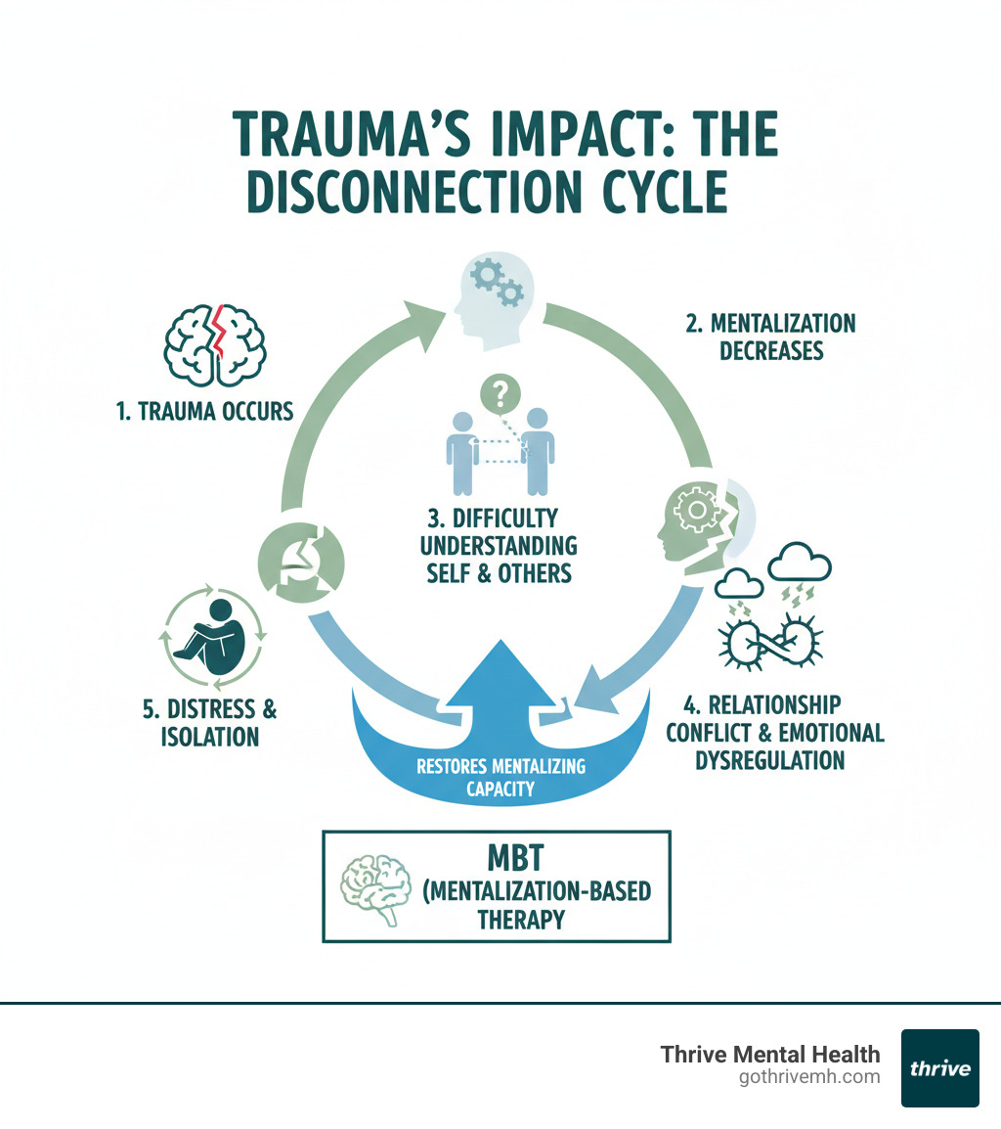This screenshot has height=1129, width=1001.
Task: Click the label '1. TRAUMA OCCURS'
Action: pyautogui.click(x=204, y=411)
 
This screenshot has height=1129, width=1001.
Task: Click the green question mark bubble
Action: pyautogui.click(x=500, y=394)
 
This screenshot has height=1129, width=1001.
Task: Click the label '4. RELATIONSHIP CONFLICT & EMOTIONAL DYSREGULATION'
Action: pyautogui.click(x=775, y=732)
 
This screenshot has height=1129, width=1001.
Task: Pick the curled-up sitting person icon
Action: pyautogui.click(x=213, y=637)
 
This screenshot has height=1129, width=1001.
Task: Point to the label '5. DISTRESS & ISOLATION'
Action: pyautogui.click(x=210, y=721)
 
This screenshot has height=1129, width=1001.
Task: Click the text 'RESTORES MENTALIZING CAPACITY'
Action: pyautogui.click(x=500, y=777)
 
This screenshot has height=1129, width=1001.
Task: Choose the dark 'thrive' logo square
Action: pyautogui.click(x=939, y=1067)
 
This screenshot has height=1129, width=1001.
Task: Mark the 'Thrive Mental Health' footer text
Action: pyautogui.click(x=770, y=1055)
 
